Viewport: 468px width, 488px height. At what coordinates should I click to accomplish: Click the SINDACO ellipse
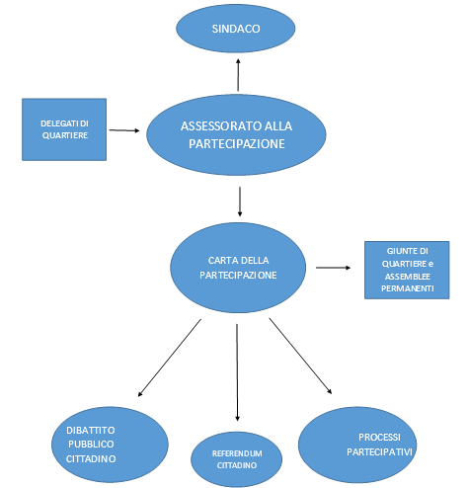pyautogui.click(x=236, y=29)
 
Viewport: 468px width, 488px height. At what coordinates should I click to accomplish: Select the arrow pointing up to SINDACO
pyautogui.click(x=238, y=75)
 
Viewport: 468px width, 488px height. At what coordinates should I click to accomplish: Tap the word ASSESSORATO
pyautogui.click(x=218, y=126)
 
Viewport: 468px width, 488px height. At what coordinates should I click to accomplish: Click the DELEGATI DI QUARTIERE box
pyautogui.click(x=64, y=129)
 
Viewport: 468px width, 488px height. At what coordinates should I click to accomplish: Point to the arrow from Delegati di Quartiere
pyautogui.click(x=124, y=130)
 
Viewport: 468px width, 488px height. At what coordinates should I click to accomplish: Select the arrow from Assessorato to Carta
pyautogui.click(x=240, y=202)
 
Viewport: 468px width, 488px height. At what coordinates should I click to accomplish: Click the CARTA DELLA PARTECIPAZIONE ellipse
pyautogui.click(x=238, y=268)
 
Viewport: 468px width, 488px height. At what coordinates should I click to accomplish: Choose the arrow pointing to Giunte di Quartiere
pyautogui.click(x=333, y=268)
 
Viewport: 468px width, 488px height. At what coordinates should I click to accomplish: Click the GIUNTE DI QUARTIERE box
pyautogui.click(x=407, y=270)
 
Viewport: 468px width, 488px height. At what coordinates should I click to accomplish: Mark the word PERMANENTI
pyautogui.click(x=408, y=288)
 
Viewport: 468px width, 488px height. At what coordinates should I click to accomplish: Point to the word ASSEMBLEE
pyautogui.click(x=408, y=277)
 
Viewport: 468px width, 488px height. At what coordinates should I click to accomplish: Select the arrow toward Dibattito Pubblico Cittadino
pyautogui.click(x=170, y=358)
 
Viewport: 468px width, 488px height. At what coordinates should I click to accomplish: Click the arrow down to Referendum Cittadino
pyautogui.click(x=237, y=372)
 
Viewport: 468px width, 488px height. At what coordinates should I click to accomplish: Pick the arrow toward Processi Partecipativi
pyautogui.click(x=300, y=356)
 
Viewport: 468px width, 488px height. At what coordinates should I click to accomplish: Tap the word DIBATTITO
pyautogui.click(x=91, y=430)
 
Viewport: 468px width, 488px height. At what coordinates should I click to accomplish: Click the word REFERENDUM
pyautogui.click(x=237, y=453)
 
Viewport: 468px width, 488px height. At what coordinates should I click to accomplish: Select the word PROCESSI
pyautogui.click(x=379, y=438)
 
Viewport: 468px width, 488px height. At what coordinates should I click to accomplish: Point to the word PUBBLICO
pyautogui.click(x=91, y=445)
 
